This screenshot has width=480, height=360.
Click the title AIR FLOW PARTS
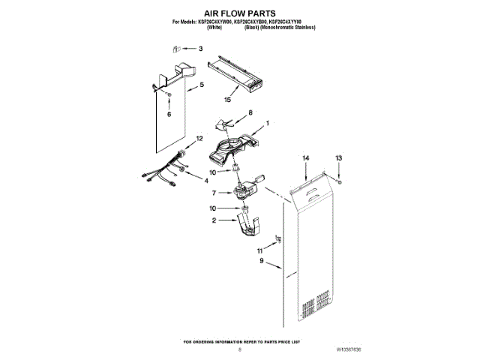[x=240, y=13]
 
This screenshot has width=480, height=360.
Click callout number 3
[x=200, y=49]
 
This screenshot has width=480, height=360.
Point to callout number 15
[x=227, y=100]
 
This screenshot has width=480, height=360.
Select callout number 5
[x=200, y=86]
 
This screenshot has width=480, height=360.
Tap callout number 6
[x=169, y=115]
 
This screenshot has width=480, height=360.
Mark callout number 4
[x=208, y=180]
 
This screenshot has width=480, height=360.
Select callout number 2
[x=214, y=220]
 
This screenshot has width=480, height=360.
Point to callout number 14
[x=305, y=158]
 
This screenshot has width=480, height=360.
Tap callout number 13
[x=338, y=158]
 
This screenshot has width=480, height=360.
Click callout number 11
[x=260, y=250]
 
